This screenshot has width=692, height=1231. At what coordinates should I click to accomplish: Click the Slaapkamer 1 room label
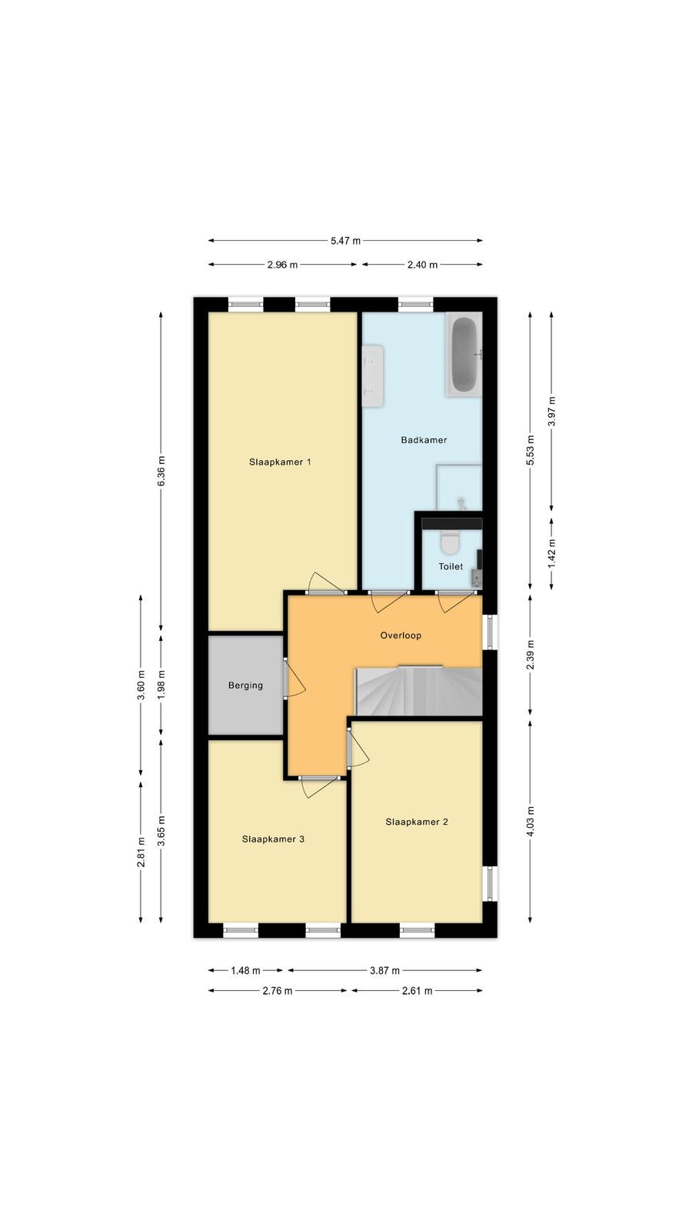(x=280, y=462)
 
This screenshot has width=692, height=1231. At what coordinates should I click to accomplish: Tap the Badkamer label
(x=424, y=440)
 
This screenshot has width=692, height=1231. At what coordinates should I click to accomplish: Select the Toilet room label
(x=451, y=566)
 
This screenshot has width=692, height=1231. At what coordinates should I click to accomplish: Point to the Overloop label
(x=401, y=636)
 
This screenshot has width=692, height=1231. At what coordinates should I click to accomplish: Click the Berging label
(x=245, y=686)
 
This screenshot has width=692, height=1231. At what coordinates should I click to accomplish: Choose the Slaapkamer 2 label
(x=417, y=822)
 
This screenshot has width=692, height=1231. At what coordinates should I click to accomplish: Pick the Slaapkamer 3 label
(x=273, y=839)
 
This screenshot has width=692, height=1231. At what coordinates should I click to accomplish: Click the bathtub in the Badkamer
(x=464, y=355)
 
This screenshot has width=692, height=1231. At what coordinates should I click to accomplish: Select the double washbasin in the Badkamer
(x=372, y=376)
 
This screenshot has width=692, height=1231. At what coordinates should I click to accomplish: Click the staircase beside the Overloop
(x=419, y=692)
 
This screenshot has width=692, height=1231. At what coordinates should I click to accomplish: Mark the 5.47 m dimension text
(x=345, y=241)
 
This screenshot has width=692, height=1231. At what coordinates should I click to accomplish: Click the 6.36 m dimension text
(x=161, y=471)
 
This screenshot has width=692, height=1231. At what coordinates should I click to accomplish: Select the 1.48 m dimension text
(x=245, y=970)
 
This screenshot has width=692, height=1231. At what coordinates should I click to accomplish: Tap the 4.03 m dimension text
(x=530, y=822)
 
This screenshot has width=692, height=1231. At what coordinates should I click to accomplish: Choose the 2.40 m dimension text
(x=422, y=265)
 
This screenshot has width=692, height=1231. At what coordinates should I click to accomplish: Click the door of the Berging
(x=294, y=679)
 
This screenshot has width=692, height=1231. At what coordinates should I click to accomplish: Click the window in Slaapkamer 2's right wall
(x=490, y=884)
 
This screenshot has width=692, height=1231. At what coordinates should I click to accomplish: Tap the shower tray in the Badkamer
(x=459, y=487)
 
